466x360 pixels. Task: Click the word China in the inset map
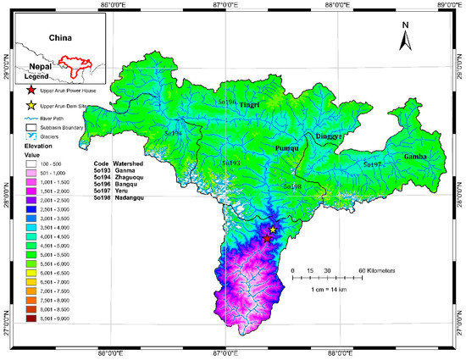click(60, 38)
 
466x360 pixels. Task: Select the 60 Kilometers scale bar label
click(370, 269)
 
